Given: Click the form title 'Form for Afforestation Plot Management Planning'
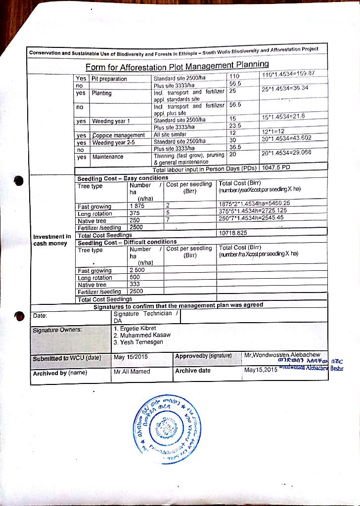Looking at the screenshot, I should [177, 66].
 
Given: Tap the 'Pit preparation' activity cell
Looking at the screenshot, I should [109, 79].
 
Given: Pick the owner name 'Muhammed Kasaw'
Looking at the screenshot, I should [141, 335].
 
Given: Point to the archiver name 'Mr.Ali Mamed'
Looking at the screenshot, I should [132, 371].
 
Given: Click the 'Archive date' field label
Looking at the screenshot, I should [192, 371].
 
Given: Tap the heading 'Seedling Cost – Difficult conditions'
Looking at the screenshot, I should [127, 242].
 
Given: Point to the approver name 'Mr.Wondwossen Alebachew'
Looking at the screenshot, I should [282, 355].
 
